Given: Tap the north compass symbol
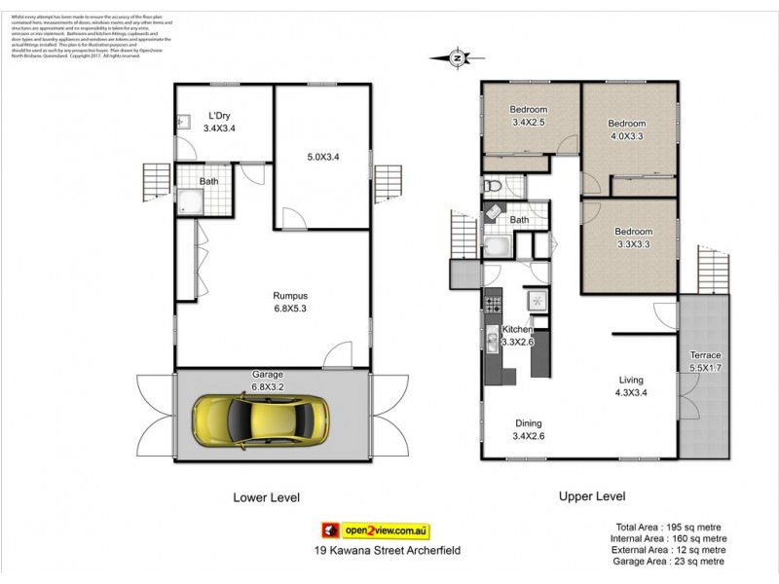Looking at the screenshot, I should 457,58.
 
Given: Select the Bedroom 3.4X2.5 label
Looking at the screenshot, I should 530,116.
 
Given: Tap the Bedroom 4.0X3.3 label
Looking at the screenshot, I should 626,129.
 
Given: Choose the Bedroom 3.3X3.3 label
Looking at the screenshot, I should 631,237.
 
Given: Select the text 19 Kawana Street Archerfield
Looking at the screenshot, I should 375,551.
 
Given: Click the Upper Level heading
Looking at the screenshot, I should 591,496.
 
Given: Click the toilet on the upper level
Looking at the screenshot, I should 491,184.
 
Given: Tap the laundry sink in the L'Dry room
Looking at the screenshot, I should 183,123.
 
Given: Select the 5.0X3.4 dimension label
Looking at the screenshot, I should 322,156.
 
